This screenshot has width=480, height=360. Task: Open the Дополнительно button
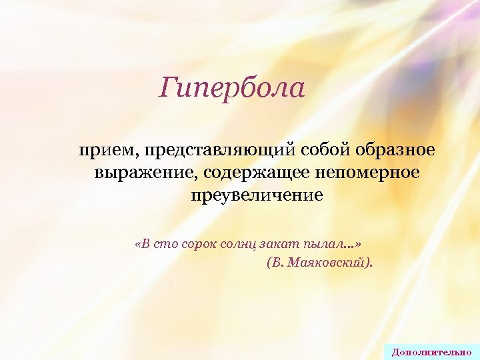(x=431, y=351)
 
